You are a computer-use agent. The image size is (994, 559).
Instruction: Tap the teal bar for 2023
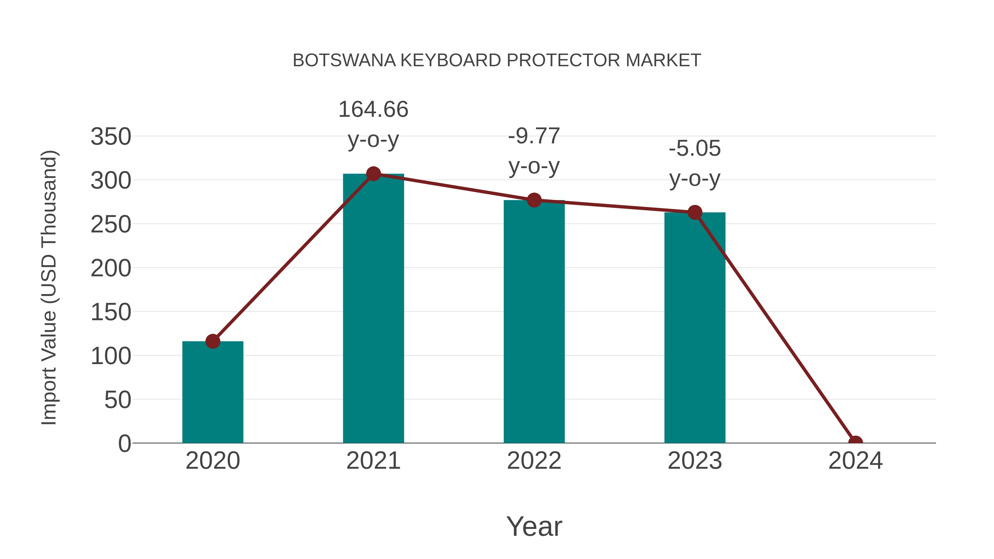pyautogui.click(x=695, y=328)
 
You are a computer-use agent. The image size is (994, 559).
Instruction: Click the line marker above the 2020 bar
pyautogui.click(x=213, y=341)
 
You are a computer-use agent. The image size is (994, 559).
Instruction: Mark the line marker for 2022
pyautogui.click(x=534, y=200)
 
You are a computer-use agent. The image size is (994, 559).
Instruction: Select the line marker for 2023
pyautogui.click(x=695, y=212)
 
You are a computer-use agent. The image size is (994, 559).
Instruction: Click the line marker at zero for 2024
pyautogui.click(x=855, y=442)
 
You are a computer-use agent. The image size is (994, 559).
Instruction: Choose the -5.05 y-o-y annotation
pyautogui.click(x=695, y=163)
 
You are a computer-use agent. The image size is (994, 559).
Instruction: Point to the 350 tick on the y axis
pyautogui.click(x=111, y=137)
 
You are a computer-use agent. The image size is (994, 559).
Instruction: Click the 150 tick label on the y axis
pyautogui.click(x=111, y=312)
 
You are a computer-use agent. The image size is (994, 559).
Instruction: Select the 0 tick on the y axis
pyautogui.click(x=124, y=443)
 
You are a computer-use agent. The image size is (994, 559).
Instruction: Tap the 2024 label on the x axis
pyautogui.click(x=855, y=461)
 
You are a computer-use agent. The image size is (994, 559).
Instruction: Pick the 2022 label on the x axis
pyautogui.click(x=534, y=461)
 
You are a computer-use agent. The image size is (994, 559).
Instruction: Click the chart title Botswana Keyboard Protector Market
pyautogui.click(x=497, y=60)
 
